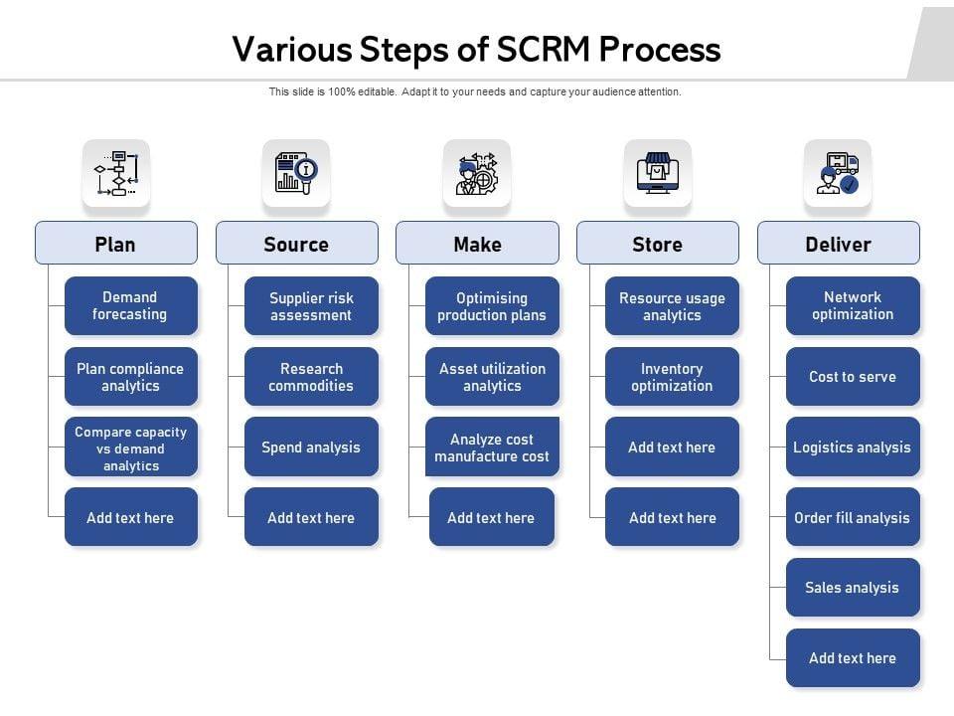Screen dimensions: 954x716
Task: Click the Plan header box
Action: (x=116, y=243)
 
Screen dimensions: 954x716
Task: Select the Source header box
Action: (x=297, y=243)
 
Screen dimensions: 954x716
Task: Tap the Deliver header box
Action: (x=839, y=243)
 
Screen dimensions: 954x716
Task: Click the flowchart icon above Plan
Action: (x=116, y=173)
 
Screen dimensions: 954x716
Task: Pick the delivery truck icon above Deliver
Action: (x=838, y=173)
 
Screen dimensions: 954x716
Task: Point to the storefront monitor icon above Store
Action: (x=658, y=173)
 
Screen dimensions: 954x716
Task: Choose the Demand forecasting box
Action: (x=131, y=305)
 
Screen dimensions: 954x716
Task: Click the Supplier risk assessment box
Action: (x=311, y=305)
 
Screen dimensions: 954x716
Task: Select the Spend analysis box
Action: (x=311, y=447)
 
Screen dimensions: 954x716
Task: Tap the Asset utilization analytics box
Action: (x=492, y=376)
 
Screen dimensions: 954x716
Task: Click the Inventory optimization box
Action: (x=672, y=376)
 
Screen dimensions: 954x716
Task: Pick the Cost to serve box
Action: (x=853, y=376)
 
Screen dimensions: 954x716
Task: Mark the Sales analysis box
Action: (x=853, y=587)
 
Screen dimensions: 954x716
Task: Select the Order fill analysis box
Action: (x=853, y=517)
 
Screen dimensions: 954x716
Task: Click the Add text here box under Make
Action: (x=492, y=517)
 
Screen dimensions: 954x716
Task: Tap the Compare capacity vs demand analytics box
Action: (x=131, y=447)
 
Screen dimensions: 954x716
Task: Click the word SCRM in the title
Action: (x=544, y=50)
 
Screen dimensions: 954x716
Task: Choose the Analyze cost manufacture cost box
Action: (x=492, y=447)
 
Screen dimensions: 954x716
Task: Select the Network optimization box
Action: (x=853, y=305)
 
